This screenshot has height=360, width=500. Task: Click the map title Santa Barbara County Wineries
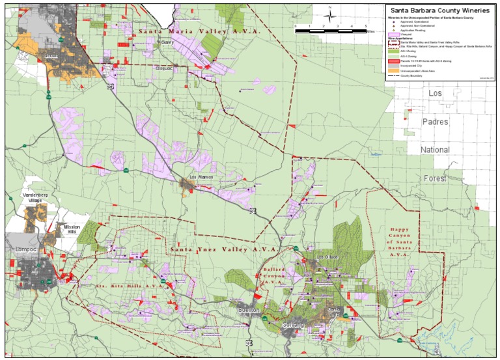[x=439, y=10]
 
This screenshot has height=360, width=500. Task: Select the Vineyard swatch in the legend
[x=393, y=35]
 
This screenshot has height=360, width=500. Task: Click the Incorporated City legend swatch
[x=393, y=65]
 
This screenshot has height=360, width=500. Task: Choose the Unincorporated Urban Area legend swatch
[x=393, y=70]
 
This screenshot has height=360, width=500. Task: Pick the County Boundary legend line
[x=393, y=76]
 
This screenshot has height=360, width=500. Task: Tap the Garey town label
[x=167, y=42]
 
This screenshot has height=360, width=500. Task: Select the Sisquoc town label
[x=163, y=67]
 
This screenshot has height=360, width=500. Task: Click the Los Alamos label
[x=201, y=177]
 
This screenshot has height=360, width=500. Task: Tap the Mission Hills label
[x=72, y=230]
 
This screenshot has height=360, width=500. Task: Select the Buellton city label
[x=249, y=311]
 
